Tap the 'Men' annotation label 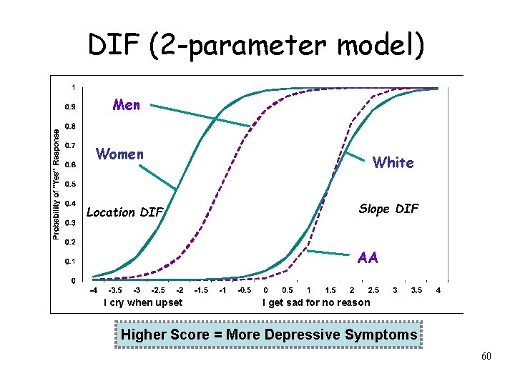point(127,105)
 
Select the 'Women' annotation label point(119,154)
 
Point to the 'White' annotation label point(393,163)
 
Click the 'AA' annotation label point(368,258)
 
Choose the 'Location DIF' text point(124,212)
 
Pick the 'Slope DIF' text point(388,209)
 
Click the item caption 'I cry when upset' point(143,302)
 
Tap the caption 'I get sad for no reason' point(316,302)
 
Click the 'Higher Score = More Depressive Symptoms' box point(269,335)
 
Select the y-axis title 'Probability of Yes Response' point(57,184)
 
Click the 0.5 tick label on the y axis point(71,184)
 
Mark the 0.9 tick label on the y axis point(71,107)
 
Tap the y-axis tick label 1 point(72,87)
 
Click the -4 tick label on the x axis point(94,291)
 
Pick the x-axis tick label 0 point(266,291)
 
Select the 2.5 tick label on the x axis point(373,291)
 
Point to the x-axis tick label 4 point(438,291)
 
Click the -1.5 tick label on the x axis point(201,291)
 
